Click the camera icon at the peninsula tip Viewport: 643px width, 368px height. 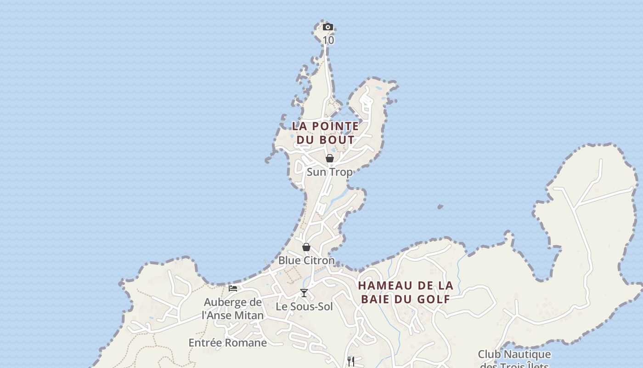point(327,27)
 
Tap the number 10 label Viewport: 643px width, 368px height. point(328,40)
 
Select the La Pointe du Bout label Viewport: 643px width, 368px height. point(326,132)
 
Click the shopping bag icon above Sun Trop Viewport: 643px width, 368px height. point(330,159)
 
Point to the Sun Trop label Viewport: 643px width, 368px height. point(329,172)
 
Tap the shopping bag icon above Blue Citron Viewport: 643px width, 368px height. point(306,247)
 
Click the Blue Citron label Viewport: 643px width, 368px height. point(306,260)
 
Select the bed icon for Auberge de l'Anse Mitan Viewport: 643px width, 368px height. point(233,288)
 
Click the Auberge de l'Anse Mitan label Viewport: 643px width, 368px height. point(233,309)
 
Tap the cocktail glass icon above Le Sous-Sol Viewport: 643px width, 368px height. point(304,293)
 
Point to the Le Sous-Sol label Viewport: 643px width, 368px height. point(304,306)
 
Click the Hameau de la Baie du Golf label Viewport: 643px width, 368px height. point(406,292)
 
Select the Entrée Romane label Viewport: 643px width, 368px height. point(227,343)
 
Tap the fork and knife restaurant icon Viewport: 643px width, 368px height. point(351,361)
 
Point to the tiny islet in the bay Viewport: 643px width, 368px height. point(440,207)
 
